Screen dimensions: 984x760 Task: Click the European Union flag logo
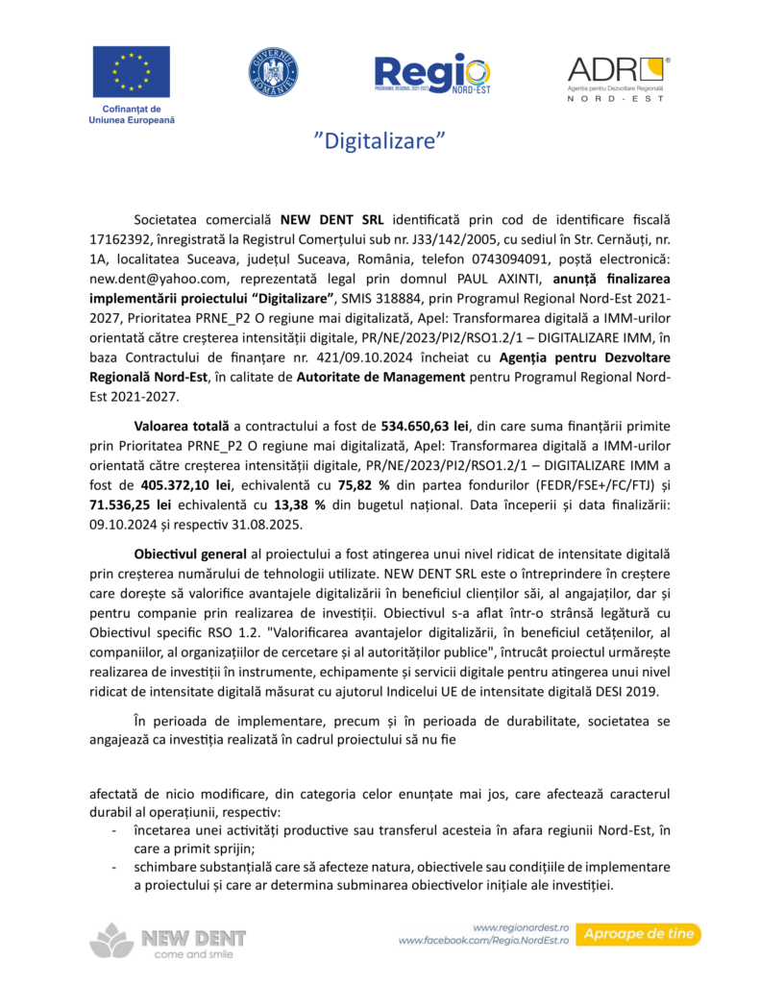(x=132, y=73)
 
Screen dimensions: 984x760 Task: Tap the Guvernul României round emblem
(x=274, y=72)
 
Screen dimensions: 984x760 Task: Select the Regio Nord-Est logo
(x=431, y=73)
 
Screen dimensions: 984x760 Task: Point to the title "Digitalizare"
(x=380, y=141)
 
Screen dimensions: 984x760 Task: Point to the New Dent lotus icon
(x=111, y=941)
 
